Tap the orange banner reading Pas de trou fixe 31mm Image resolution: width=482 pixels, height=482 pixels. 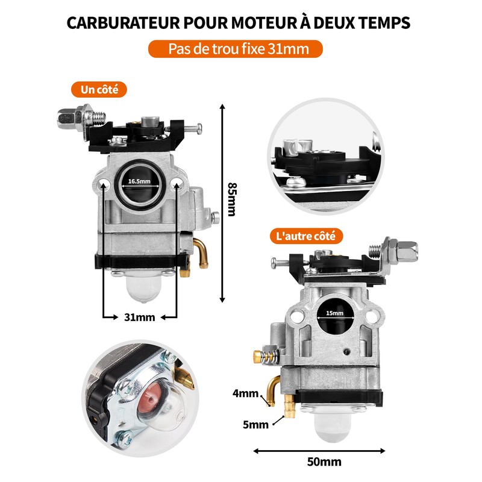click(236, 49)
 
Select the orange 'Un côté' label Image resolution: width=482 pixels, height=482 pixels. click(99, 90)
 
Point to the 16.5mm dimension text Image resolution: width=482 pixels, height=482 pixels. click(139, 181)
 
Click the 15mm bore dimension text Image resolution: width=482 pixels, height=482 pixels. click(334, 313)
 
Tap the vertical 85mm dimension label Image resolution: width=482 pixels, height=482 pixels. click(232, 198)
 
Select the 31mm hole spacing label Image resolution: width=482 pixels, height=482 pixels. click(140, 317)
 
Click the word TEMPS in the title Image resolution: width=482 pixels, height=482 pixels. click(384, 23)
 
